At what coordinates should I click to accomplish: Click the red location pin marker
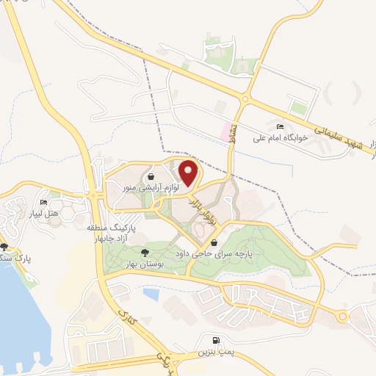(189, 173)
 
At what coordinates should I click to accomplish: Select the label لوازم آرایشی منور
(150, 188)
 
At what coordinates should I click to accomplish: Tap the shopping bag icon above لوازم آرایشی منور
(151, 177)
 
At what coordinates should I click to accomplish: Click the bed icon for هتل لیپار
(43, 203)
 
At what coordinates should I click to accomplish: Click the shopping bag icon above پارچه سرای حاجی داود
(214, 242)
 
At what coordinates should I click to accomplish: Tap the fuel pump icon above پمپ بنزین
(214, 340)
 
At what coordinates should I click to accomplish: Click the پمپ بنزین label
(214, 352)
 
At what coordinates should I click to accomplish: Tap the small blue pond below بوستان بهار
(152, 294)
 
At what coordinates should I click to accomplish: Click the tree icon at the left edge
(6, 247)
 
